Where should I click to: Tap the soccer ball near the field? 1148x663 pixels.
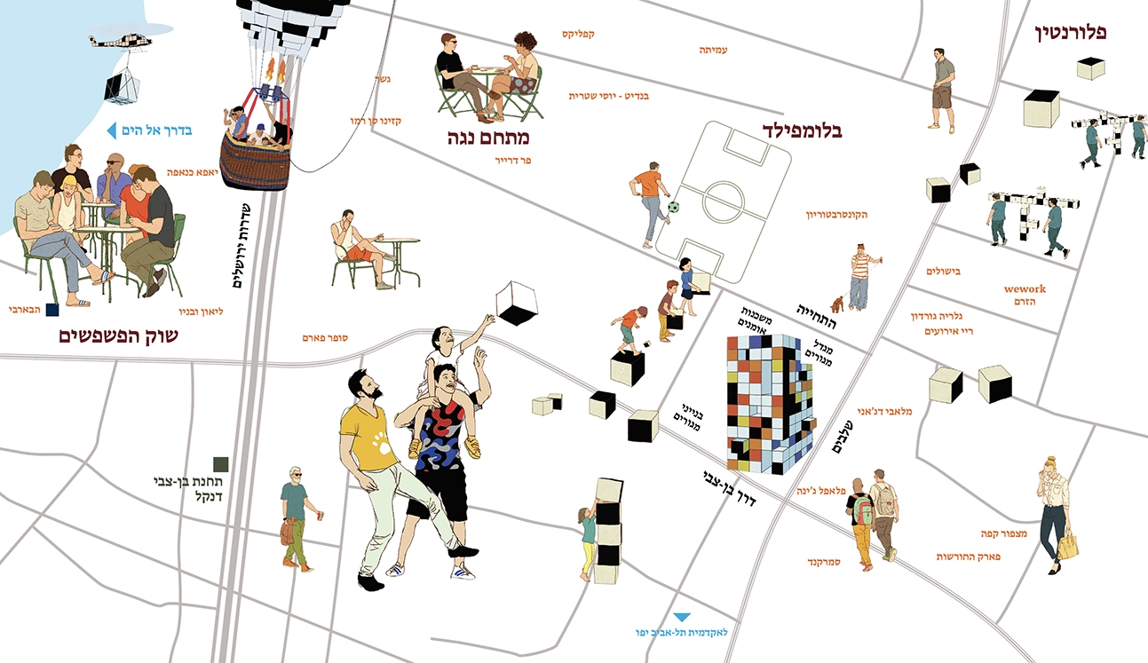pyautogui.click(x=673, y=207)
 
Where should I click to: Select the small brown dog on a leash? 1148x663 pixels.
pyautogui.click(x=837, y=304)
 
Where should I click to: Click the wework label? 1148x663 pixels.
pyautogui.click(x=1025, y=288)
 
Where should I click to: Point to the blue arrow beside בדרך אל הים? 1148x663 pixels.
pyautogui.click(x=111, y=130)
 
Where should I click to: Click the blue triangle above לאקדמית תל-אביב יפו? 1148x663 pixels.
pyautogui.click(x=681, y=617)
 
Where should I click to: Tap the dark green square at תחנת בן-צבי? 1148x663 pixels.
pyautogui.click(x=221, y=464)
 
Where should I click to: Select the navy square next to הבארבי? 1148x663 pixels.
pyautogui.click(x=52, y=310)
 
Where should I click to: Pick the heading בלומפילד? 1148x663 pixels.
pyautogui.click(x=802, y=130)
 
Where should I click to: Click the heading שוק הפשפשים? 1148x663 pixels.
pyautogui.click(x=118, y=336)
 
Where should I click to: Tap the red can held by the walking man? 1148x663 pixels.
pyautogui.click(x=321, y=516)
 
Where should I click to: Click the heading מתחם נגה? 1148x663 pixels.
pyautogui.click(x=488, y=138)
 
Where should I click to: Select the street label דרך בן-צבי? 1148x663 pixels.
pyautogui.click(x=729, y=488)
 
